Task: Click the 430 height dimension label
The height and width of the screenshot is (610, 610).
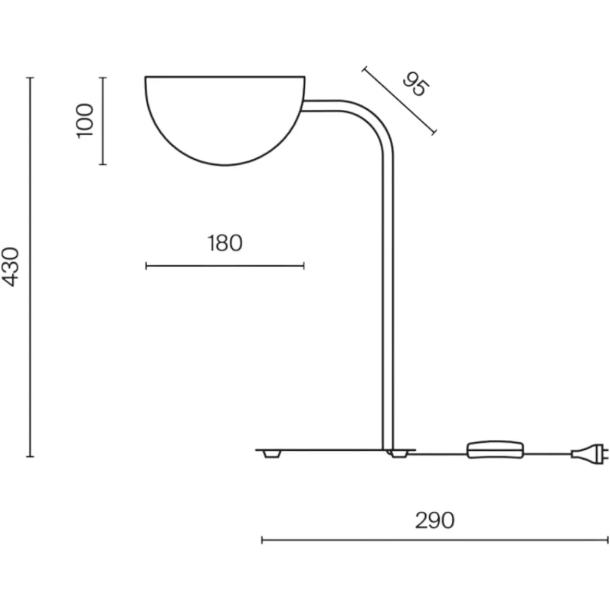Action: click(x=10, y=267)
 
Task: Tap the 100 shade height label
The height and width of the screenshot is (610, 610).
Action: click(x=85, y=121)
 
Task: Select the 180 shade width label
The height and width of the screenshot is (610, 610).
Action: click(x=225, y=243)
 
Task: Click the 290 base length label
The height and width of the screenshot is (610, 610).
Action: click(x=434, y=520)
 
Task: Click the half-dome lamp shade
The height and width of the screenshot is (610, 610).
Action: click(x=225, y=121)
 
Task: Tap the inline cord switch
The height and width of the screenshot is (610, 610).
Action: click(x=495, y=450)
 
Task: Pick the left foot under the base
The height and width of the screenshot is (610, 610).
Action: click(x=271, y=454)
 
